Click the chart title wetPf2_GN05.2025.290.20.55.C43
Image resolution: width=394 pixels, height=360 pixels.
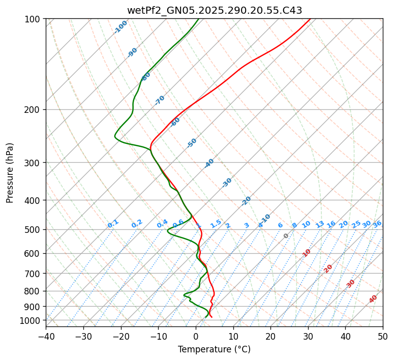click(x=214, y=10)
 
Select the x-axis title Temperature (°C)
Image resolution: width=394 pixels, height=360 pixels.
click(x=214, y=350)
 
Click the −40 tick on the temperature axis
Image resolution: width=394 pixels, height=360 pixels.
click(x=46, y=337)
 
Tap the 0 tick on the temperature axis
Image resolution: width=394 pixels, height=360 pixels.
click(x=196, y=337)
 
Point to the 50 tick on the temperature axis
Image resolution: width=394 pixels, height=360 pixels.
click(x=383, y=337)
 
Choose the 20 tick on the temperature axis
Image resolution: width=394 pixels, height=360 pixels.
click(x=270, y=337)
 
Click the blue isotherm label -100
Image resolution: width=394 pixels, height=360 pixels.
click(x=121, y=27)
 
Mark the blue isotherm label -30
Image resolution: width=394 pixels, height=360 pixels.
click(x=227, y=183)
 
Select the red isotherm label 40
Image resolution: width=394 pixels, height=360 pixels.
click(x=373, y=299)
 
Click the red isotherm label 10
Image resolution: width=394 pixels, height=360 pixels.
click(x=307, y=253)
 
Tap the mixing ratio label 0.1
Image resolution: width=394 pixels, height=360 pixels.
click(x=113, y=224)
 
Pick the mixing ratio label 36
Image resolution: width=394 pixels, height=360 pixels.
click(x=377, y=224)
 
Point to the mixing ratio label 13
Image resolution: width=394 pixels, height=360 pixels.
click(x=320, y=224)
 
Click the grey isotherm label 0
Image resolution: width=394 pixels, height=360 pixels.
click(x=286, y=236)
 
